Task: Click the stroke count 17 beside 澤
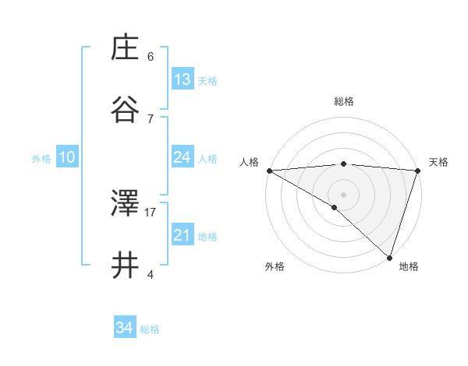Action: (151, 211)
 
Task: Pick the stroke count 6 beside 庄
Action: (151, 56)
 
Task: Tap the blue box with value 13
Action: (183, 79)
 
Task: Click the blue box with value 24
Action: (183, 157)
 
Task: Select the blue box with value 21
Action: (183, 235)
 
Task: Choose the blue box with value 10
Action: (67, 157)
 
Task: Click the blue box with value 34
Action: (124, 328)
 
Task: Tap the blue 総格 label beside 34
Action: (150, 329)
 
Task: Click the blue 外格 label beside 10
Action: (41, 159)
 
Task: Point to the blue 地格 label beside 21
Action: (207, 237)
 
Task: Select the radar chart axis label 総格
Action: (344, 101)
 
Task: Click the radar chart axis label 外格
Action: (275, 267)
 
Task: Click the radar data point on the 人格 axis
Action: (269, 171)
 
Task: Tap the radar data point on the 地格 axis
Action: (389, 258)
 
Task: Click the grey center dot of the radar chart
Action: (343, 194)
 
